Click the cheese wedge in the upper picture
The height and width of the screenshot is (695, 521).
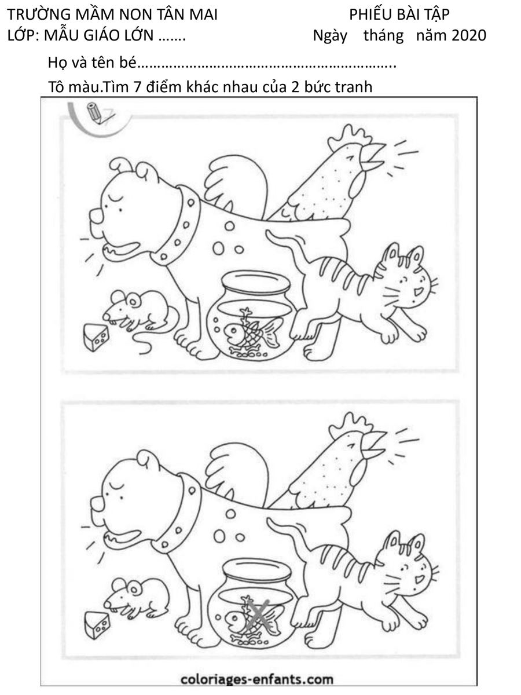coord(96,337)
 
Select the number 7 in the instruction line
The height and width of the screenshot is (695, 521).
coord(137,87)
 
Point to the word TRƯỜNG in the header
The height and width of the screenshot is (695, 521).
coord(34,14)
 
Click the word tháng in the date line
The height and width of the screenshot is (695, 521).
coord(383,36)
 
